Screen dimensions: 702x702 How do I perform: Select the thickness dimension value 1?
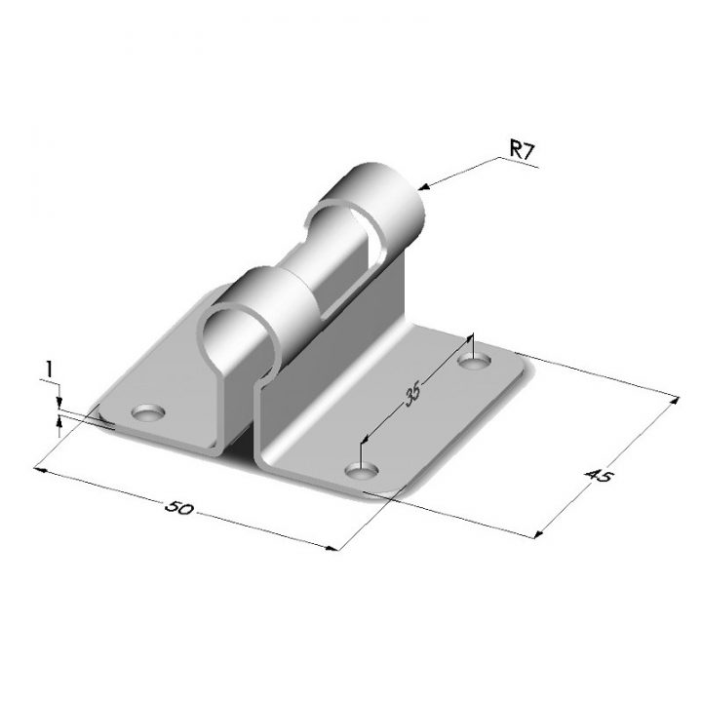pos(47,368)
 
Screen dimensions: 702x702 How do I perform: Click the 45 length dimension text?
pos(598,476)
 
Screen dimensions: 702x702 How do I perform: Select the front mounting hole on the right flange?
pos(361,472)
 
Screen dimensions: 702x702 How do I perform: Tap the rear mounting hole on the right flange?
pos(474,363)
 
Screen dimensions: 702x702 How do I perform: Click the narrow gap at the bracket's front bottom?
pos(246,444)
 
